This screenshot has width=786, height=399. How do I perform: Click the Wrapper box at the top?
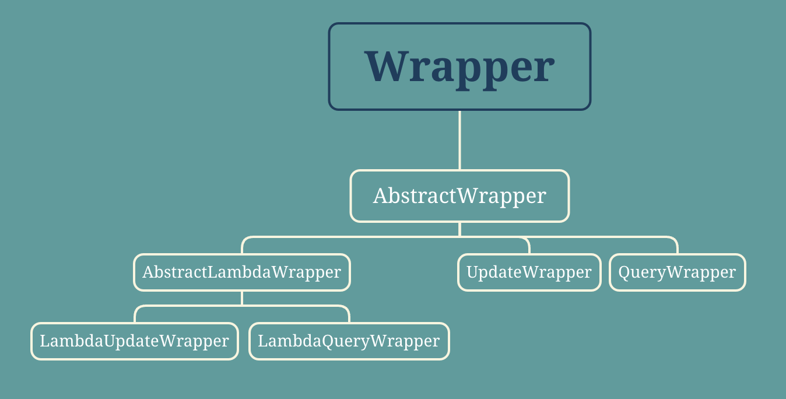pyautogui.click(x=459, y=66)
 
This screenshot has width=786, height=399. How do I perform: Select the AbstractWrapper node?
pyautogui.click(x=459, y=196)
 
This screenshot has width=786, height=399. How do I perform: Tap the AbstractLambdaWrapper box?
pyautogui.click(x=241, y=272)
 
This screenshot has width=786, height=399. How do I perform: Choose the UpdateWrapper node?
pyautogui.click(x=529, y=272)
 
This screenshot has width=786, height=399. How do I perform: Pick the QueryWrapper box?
pyautogui.click(x=677, y=272)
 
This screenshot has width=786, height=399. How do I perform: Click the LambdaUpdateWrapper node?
pyautogui.click(x=134, y=341)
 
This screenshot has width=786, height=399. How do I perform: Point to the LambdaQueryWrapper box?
pyautogui.click(x=349, y=341)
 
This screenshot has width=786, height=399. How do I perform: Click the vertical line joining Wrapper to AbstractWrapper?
pyautogui.click(x=459, y=140)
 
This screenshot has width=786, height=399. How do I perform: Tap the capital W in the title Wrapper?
pyautogui.click(x=387, y=66)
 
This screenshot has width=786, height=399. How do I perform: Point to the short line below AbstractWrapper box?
pyautogui.click(x=459, y=229)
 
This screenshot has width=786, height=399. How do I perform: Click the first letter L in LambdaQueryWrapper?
pyautogui.click(x=262, y=341)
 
